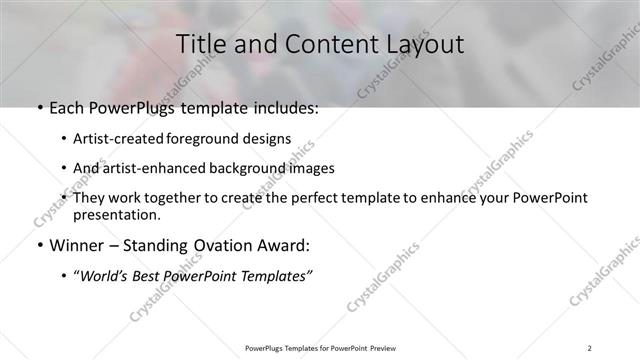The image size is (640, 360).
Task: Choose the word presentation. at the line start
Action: (116, 215)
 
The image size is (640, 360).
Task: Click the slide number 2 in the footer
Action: (590, 348)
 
